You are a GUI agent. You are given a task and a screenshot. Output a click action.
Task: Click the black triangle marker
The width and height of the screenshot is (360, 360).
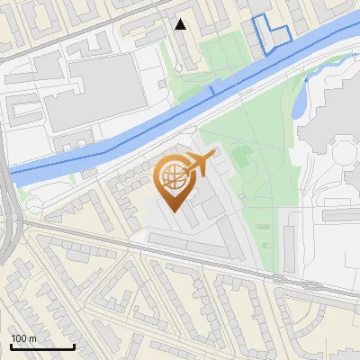pos(181,24)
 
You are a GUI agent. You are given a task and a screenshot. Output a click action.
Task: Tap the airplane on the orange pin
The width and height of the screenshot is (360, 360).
pos(199,164)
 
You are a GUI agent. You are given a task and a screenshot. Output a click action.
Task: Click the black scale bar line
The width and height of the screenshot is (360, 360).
pos(42,347)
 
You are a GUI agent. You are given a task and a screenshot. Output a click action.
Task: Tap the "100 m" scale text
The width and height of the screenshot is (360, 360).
pos(24,338)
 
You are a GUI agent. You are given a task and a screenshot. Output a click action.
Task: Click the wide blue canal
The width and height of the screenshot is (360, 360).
pos(135,135)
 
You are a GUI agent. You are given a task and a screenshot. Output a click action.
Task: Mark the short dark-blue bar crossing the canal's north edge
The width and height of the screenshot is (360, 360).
pos(211,89)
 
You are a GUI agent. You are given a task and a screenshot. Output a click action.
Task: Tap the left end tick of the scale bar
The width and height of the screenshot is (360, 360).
pos(11,346)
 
